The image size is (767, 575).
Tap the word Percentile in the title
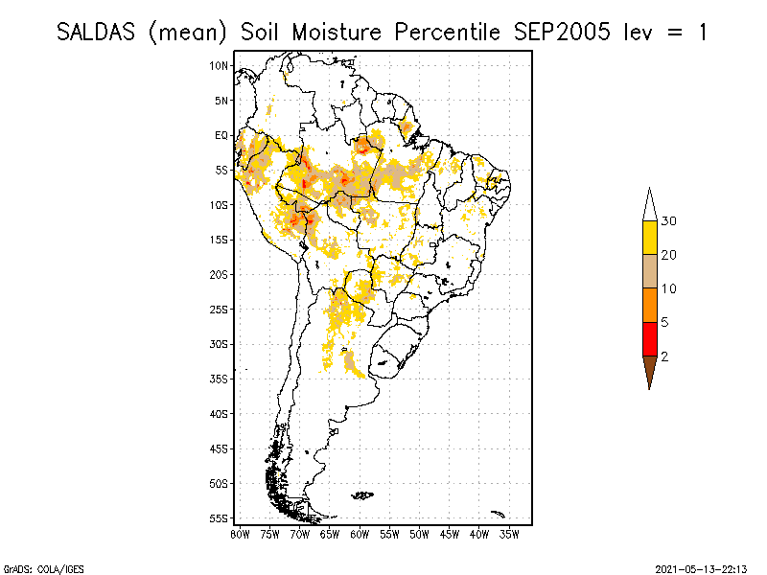pyautogui.click(x=439, y=32)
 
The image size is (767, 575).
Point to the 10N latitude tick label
pyautogui.click(x=220, y=65)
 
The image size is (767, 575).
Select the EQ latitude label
pyautogui.click(x=221, y=135)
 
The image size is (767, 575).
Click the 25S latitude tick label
pyautogui.click(x=220, y=309)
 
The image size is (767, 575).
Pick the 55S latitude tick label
pyautogui.click(x=220, y=517)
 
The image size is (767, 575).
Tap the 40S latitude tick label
pyautogui.click(x=220, y=413)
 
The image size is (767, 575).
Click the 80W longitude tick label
pyautogui.click(x=240, y=533)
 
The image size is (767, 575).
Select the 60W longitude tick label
pyautogui.click(x=360, y=533)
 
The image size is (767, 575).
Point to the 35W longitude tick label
pyautogui.click(x=509, y=533)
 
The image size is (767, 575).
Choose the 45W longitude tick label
pyautogui.click(x=450, y=533)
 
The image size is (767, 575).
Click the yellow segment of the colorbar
pyautogui.click(x=649, y=238)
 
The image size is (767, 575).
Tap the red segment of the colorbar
pyautogui.click(x=649, y=338)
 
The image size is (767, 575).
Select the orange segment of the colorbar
pyautogui.click(x=649, y=305)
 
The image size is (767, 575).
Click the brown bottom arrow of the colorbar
pyautogui.click(x=649, y=368)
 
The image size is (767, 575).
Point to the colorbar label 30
pyautogui.click(x=670, y=221)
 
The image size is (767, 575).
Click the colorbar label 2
pyautogui.click(x=665, y=356)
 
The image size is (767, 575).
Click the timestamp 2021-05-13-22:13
pyautogui.click(x=701, y=567)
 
